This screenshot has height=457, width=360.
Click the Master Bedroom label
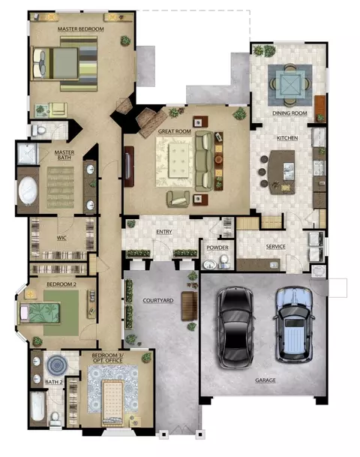(x=81, y=29)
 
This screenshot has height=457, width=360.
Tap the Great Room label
(x=175, y=131)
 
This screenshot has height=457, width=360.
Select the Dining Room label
(x=289, y=113)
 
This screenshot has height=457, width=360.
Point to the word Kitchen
(x=287, y=138)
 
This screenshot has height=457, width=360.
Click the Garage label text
(x=265, y=380)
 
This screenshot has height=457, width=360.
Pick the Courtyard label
(x=158, y=300)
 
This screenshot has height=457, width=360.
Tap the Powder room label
(x=217, y=248)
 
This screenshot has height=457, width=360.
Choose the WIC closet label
(x=61, y=238)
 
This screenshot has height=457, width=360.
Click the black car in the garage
(x=235, y=326)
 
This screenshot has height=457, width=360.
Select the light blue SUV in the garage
(x=294, y=324)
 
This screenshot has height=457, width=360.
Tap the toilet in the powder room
(x=224, y=260)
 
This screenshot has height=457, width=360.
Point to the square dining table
(x=289, y=85)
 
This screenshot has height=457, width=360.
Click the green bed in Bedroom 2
(x=39, y=314)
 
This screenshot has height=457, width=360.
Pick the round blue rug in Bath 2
(x=58, y=365)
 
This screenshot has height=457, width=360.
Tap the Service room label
(x=275, y=247)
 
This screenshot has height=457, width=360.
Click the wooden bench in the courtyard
(x=190, y=306)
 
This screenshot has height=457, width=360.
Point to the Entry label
(x=164, y=232)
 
